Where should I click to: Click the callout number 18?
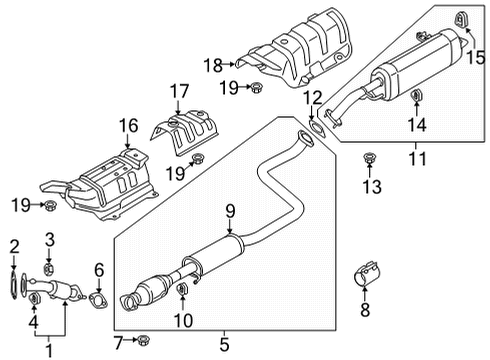213,65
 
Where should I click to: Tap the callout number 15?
476,57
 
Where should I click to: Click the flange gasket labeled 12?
317,128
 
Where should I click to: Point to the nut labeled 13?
368,158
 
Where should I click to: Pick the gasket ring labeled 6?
97,300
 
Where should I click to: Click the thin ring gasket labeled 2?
14,285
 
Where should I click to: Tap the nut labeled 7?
143,340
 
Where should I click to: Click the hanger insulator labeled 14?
416,96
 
